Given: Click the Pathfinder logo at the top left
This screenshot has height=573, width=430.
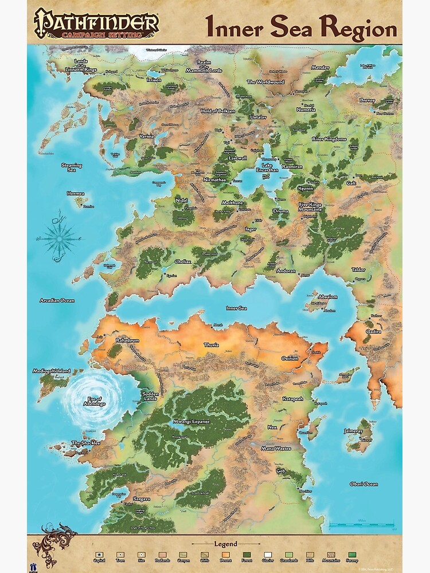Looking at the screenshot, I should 96,24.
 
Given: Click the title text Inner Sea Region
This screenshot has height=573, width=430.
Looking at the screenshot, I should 300,27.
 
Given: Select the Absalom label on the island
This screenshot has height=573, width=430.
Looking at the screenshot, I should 328,297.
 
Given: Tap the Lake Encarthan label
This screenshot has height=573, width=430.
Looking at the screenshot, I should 267,167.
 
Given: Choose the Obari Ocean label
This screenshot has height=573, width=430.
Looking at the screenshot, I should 363,484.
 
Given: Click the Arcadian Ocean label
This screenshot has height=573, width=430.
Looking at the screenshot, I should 57,300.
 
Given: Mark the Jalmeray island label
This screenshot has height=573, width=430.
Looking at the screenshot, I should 353,431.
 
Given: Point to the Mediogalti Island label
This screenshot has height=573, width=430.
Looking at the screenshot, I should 52,371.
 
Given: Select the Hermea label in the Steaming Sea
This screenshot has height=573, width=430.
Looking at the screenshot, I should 76,194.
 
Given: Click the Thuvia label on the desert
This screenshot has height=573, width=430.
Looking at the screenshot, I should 212,345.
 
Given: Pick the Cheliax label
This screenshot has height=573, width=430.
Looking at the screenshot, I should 183,261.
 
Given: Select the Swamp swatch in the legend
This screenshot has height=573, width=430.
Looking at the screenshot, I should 351,554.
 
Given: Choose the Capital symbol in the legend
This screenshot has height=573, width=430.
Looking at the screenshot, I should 101,554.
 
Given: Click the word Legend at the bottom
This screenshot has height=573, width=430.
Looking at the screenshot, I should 225,544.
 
